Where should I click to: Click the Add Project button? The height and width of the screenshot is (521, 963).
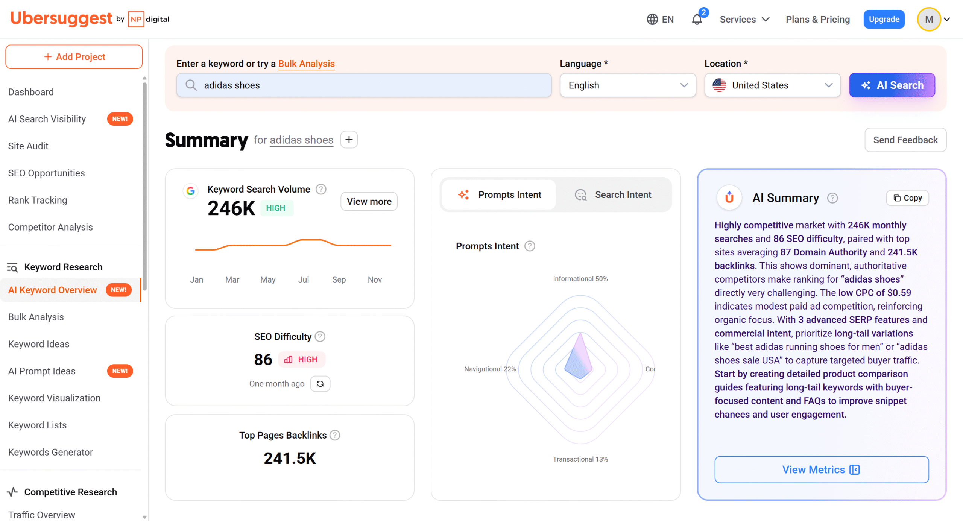(x=74, y=57)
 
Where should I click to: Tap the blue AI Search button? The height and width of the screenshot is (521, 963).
(x=892, y=85)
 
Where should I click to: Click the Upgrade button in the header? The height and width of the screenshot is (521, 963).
(x=884, y=19)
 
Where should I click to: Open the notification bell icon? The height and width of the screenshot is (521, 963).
(x=697, y=19)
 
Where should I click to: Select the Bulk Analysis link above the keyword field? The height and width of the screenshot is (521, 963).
(x=306, y=64)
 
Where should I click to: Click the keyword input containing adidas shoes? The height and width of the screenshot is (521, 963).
(x=364, y=85)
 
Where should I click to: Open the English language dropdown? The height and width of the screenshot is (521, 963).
(x=627, y=85)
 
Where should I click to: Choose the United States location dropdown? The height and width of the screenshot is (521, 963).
(x=772, y=85)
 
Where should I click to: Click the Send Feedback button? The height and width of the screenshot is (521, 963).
(x=905, y=140)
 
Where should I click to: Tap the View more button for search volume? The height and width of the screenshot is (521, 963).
(x=369, y=202)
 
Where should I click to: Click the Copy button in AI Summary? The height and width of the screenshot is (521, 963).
(x=907, y=198)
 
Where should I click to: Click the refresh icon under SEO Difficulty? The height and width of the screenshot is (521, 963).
(x=320, y=384)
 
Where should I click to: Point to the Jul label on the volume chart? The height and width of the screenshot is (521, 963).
(x=303, y=280)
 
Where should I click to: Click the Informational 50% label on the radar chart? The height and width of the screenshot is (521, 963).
(x=580, y=279)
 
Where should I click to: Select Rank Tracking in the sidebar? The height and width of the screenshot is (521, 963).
(x=38, y=200)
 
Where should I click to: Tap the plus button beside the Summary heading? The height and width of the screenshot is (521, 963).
(x=349, y=140)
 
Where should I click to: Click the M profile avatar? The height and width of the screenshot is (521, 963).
(x=929, y=19)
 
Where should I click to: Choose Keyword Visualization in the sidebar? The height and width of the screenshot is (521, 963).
(x=54, y=398)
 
